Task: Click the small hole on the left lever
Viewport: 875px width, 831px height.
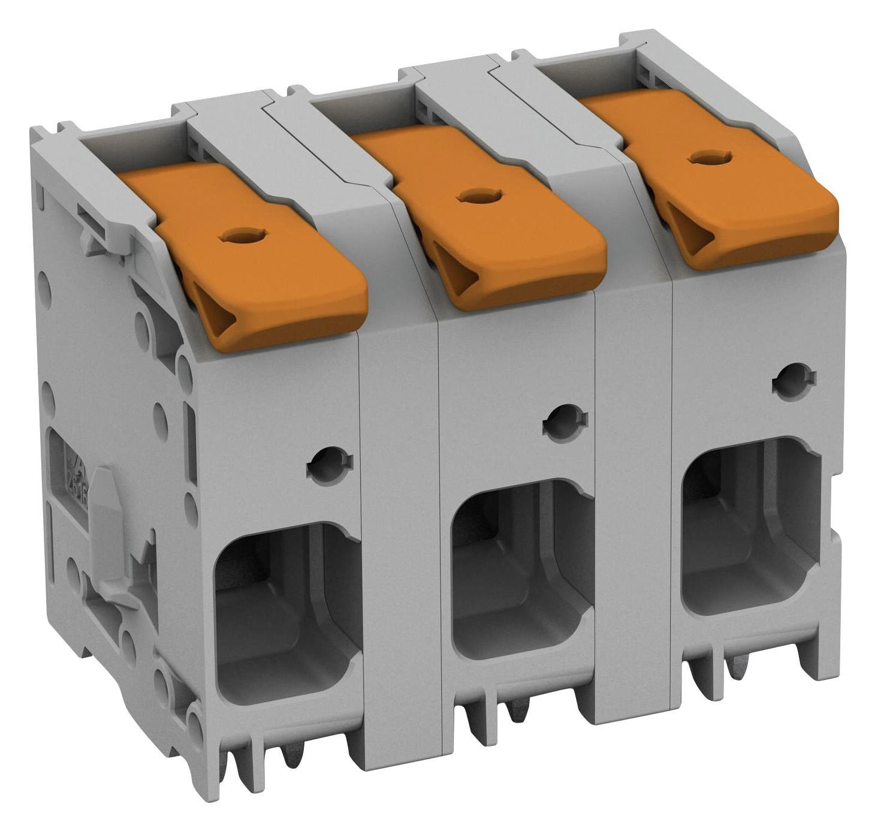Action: click(237, 237)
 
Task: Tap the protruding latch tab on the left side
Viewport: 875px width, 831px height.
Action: click(108, 534)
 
